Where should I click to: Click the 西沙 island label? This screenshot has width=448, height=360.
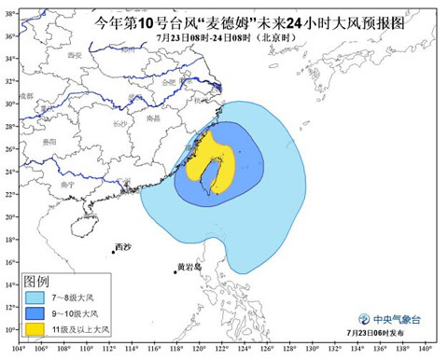point(123,247)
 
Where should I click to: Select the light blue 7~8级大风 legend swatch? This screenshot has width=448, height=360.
point(36,296)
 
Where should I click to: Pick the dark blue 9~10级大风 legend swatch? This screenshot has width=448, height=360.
point(36,312)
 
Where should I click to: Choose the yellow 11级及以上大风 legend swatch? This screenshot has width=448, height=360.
point(36,329)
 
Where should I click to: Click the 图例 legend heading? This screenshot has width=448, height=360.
point(36,280)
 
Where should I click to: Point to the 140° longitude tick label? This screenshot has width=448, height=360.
point(426,350)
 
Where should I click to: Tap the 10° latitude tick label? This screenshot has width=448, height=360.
point(8,329)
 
